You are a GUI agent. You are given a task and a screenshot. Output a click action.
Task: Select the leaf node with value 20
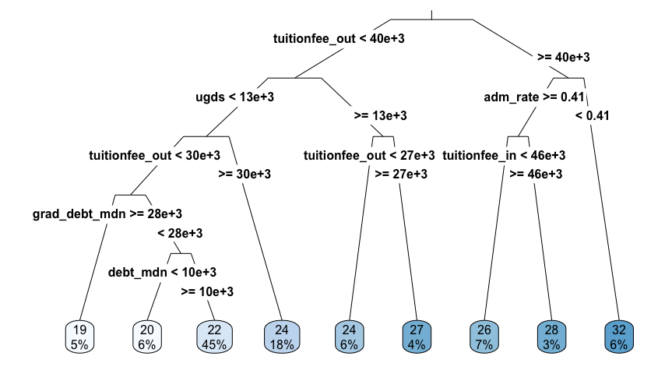click(x=146, y=337)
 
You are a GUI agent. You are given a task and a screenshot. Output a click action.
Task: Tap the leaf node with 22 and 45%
click(x=215, y=337)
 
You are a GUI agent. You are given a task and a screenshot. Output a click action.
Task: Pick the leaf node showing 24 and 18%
click(x=282, y=337)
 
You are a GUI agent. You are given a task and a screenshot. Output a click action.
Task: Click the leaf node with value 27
click(x=417, y=337)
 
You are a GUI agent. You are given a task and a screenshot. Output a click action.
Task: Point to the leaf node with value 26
click(x=484, y=337)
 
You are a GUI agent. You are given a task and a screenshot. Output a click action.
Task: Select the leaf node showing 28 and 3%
click(x=551, y=337)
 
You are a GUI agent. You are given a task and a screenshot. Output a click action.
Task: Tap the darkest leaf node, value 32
click(x=619, y=337)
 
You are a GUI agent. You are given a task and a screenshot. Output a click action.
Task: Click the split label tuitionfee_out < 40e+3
click(x=339, y=39)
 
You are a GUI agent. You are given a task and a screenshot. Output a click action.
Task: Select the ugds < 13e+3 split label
click(x=234, y=97)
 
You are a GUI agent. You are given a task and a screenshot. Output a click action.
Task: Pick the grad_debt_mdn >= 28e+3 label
click(x=107, y=213)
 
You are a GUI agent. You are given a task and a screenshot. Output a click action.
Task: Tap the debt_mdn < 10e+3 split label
click(x=162, y=272)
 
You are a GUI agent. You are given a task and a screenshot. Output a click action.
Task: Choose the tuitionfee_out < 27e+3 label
click(x=369, y=155)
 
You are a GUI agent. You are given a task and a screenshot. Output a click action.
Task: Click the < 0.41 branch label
click(x=592, y=116)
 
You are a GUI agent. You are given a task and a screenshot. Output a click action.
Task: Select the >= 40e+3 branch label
click(x=564, y=58)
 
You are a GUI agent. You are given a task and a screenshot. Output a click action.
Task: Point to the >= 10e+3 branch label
click(x=207, y=291)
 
